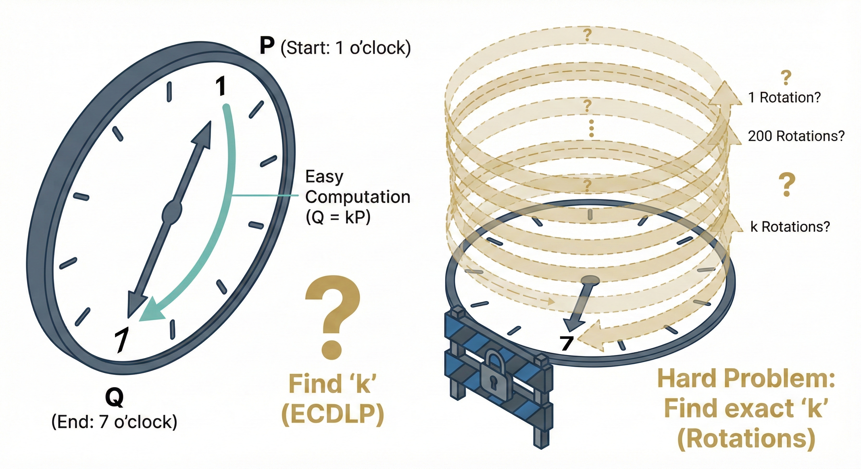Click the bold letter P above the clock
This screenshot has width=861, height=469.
(x=267, y=46)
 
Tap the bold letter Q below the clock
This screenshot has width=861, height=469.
(x=114, y=398)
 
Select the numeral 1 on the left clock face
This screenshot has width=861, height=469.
(x=220, y=86)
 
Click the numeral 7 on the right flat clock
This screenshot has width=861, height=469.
(x=567, y=343)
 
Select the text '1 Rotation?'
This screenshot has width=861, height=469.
(x=785, y=97)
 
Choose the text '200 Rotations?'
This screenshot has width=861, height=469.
(x=796, y=136)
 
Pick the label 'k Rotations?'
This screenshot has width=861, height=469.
(x=790, y=227)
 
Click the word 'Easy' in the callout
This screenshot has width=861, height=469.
(x=324, y=176)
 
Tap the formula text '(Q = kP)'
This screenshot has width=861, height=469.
(x=338, y=217)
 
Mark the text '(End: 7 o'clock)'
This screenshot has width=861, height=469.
(x=114, y=422)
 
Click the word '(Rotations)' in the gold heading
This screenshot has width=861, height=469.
(x=746, y=438)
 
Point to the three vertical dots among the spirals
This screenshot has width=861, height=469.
(x=591, y=129)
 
